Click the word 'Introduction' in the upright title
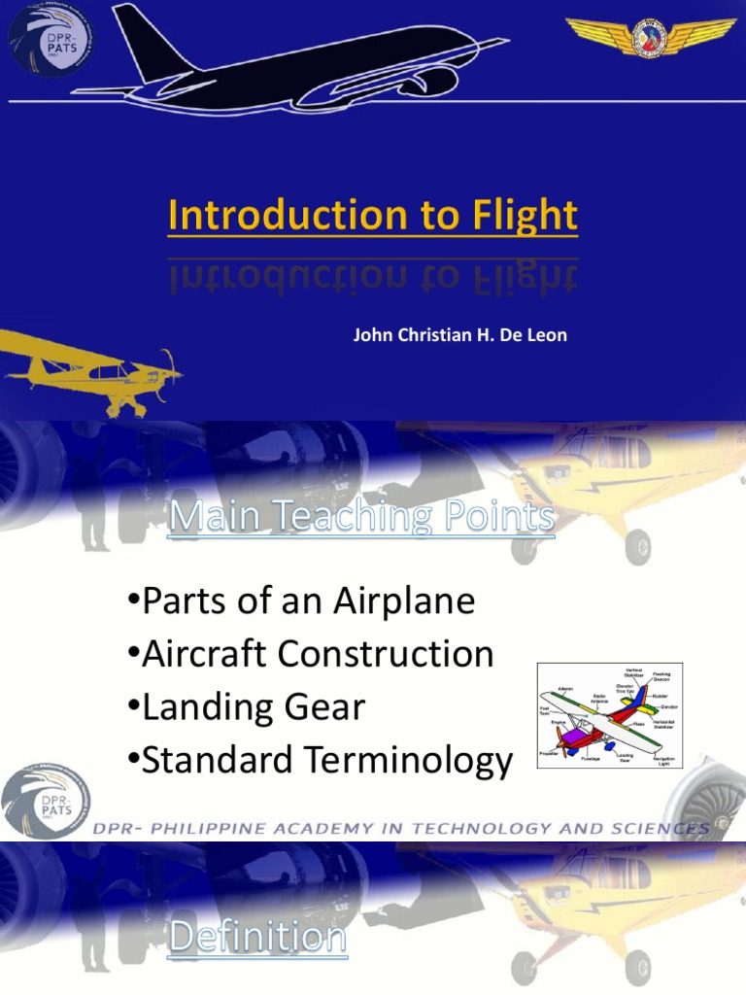290,215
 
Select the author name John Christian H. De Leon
459,335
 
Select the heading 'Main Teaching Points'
361,518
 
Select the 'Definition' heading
256,938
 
